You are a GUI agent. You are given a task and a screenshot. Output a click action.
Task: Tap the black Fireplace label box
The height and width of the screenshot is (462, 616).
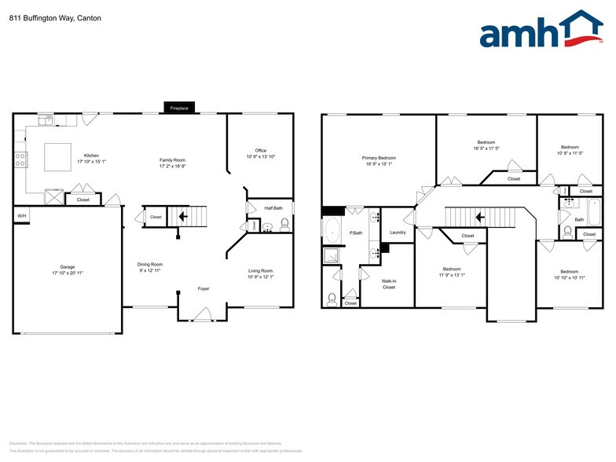(179, 108)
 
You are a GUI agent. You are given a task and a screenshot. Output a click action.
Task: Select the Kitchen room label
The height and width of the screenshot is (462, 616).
(91, 159)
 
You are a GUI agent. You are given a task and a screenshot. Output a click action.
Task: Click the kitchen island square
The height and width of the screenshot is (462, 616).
(57, 156)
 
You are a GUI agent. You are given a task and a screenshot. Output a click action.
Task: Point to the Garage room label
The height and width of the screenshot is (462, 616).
(68, 269)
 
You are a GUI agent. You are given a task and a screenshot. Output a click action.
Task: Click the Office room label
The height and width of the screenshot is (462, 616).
(260, 153)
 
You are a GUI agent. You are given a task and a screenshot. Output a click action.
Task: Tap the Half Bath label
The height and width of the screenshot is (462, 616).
(274, 208)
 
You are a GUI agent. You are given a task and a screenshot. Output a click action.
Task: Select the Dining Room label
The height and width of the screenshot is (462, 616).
(149, 267)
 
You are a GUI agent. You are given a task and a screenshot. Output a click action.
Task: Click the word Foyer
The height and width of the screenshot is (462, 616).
(203, 289)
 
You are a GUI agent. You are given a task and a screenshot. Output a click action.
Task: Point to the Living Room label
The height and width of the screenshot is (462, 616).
(260, 273)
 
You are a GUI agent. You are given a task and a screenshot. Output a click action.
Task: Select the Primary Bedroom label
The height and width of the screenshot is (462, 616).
(379, 161)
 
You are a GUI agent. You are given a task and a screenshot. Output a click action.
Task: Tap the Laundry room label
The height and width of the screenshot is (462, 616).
(398, 233)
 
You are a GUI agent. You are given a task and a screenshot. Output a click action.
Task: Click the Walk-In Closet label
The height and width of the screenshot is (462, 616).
(388, 284)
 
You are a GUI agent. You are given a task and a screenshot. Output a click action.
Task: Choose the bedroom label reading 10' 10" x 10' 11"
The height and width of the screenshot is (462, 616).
(570, 275)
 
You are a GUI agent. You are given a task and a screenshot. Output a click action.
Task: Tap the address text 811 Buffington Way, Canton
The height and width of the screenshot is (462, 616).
(44, 17)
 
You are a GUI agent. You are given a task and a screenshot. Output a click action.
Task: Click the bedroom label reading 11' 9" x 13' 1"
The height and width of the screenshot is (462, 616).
(451, 272)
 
